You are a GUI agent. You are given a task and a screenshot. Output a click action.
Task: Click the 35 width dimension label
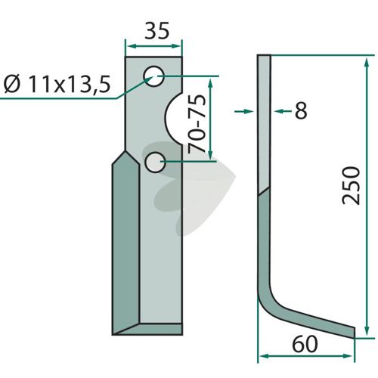click(156, 31)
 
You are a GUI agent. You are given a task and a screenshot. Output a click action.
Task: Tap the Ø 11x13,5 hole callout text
click(57, 84)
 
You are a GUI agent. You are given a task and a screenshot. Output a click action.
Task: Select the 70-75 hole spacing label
click(197, 124)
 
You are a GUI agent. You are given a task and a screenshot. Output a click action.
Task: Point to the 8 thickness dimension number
click(301, 110)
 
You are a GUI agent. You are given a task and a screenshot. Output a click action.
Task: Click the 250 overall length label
click(351, 185)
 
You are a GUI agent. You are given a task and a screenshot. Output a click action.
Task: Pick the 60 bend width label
click(305, 345)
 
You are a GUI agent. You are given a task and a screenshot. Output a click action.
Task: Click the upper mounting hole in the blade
click(154, 76)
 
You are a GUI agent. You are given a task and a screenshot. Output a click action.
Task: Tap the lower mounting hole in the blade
click(155, 163)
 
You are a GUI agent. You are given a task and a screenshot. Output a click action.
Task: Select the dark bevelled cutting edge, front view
click(125, 242)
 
